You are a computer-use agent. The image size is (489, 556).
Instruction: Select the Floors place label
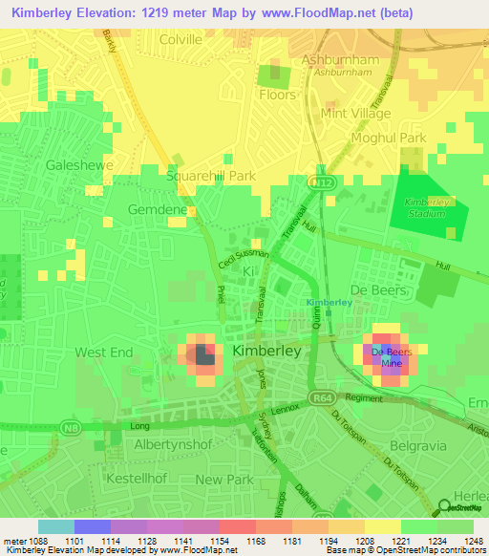tap(277, 96)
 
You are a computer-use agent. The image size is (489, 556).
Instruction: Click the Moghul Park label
tap(387, 139)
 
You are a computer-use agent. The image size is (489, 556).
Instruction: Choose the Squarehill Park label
tap(211, 176)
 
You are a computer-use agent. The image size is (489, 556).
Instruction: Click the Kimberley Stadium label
tap(426, 207)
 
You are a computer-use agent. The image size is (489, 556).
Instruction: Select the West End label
tap(104, 353)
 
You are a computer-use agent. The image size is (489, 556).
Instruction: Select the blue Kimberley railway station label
tap(329, 303)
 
